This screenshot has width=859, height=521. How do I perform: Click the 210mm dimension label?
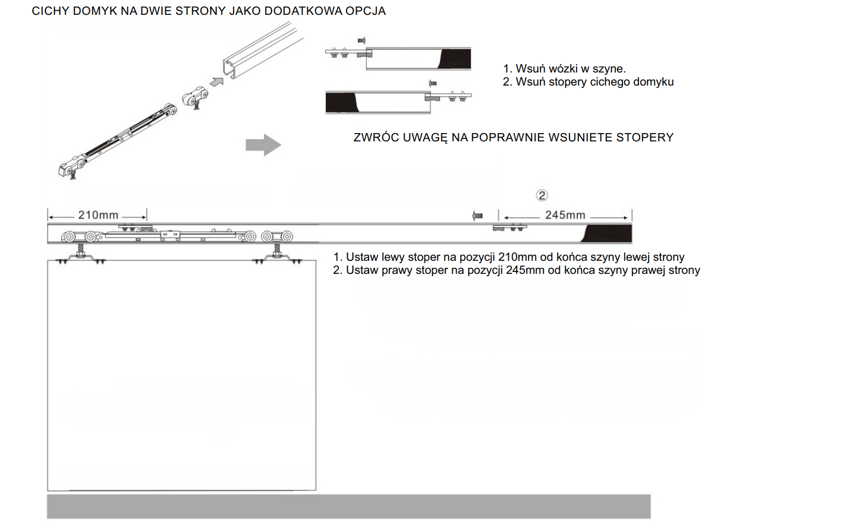click(x=98, y=215)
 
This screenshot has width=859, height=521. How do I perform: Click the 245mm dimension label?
click(x=565, y=215)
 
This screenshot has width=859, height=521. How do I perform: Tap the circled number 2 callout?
click(x=542, y=195)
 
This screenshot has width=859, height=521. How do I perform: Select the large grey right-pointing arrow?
click(x=263, y=144)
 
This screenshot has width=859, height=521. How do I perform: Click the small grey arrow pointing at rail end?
click(x=216, y=81)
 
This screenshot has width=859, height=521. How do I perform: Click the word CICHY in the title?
click(x=50, y=11)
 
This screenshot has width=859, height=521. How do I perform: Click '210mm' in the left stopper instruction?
click(x=517, y=257)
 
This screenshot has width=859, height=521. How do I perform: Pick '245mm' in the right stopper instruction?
click(x=525, y=270)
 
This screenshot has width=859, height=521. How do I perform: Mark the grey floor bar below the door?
click(x=348, y=506)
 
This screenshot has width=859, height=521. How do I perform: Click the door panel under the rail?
click(x=181, y=374)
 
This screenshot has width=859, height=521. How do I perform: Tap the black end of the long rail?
click(x=608, y=233)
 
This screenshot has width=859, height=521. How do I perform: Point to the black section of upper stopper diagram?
click(x=455, y=59)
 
